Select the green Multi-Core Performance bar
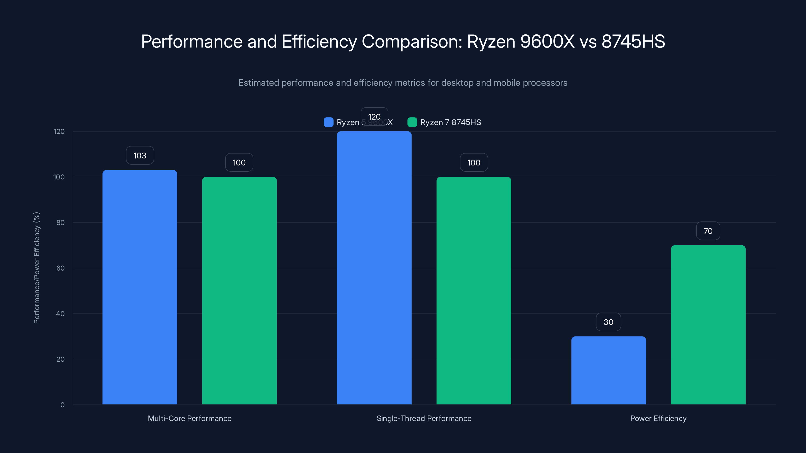(239, 291)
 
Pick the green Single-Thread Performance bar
(474, 291)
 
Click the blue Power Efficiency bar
(608, 370)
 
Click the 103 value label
(140, 155)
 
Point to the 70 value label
(708, 231)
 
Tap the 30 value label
(608, 322)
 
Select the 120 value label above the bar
(374, 117)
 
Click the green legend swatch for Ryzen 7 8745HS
(412, 122)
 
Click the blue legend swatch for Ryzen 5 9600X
(328, 122)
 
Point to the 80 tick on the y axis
(60, 222)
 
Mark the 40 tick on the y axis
(60, 314)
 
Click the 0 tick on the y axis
(62, 405)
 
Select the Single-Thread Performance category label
(424, 418)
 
